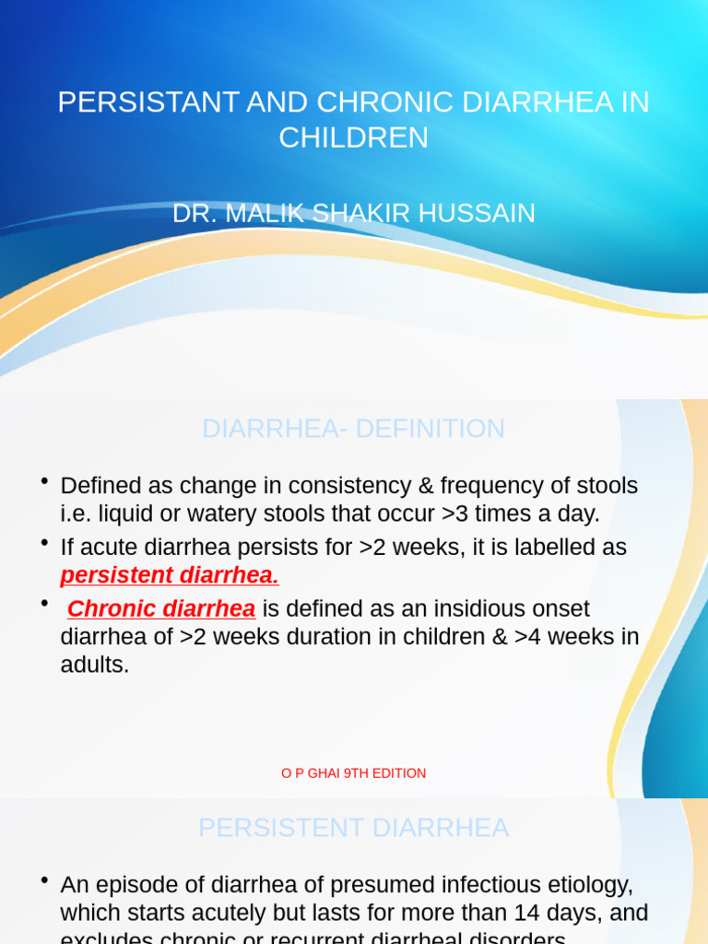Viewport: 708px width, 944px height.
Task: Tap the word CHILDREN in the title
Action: coord(354,137)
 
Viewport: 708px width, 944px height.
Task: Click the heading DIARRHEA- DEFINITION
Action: coord(354,429)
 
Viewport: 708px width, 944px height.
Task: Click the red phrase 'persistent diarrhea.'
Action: coord(170,575)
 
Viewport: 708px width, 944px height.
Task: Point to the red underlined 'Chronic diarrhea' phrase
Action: coord(161,609)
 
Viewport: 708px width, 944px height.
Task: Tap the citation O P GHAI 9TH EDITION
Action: coord(354,773)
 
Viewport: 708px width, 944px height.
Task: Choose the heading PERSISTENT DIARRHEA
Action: coord(354,828)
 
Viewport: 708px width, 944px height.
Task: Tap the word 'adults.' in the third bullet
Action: coord(95,665)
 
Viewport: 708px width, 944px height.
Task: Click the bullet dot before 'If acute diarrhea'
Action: coord(44,543)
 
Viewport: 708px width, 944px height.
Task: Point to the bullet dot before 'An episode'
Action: coord(44,881)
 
